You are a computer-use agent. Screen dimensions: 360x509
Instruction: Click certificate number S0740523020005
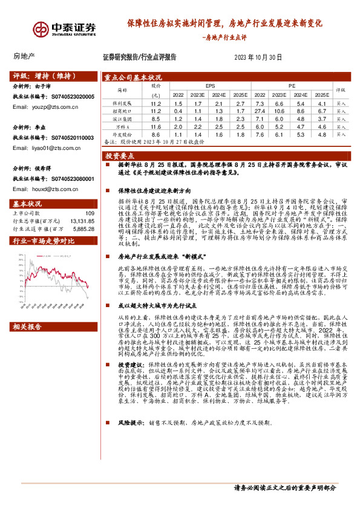tap(71, 96)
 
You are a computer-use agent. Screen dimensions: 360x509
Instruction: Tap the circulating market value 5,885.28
tap(83, 228)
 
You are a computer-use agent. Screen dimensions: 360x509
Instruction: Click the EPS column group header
tap(210, 86)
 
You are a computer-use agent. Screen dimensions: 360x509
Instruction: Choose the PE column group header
tap(292, 86)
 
